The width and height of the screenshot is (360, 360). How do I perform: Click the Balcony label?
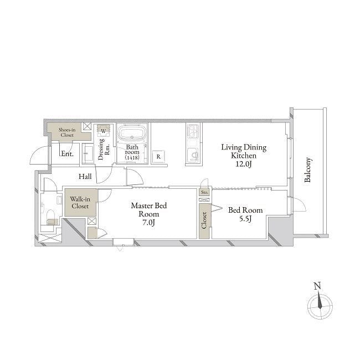pyautogui.click(x=308, y=169)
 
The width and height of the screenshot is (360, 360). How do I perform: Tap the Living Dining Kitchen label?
pyautogui.click(x=244, y=151)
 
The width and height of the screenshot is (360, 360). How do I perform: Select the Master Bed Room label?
pyautogui.click(x=149, y=209)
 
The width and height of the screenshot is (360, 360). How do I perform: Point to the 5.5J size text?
pyautogui.click(x=245, y=219)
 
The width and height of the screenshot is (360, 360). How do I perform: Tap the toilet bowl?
pyautogui.click(x=50, y=215)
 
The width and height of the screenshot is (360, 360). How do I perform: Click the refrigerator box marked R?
pyautogui.click(x=158, y=157)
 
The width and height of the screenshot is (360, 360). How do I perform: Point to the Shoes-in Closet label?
pyautogui.click(x=67, y=132)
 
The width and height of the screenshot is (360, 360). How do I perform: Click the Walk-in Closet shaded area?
pyautogui.click(x=80, y=202)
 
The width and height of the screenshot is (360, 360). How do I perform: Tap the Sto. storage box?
pyautogui.click(x=204, y=192)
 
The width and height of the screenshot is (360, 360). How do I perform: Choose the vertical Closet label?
pyautogui.click(x=204, y=220)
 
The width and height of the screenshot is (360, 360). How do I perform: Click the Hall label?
pyautogui.click(x=85, y=176)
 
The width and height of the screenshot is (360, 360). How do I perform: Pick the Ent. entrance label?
pyautogui.click(x=67, y=153)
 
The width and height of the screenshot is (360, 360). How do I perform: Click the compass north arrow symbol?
pyautogui.click(x=320, y=301)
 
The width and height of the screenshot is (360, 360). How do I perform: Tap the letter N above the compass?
pyautogui.click(x=317, y=286)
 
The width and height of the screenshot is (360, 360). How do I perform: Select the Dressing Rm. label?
pyautogui.click(x=104, y=149)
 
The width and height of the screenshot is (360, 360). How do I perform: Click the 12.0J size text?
pyautogui.click(x=244, y=164)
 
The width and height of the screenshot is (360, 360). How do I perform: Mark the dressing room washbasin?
pyautogui.click(x=88, y=153)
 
